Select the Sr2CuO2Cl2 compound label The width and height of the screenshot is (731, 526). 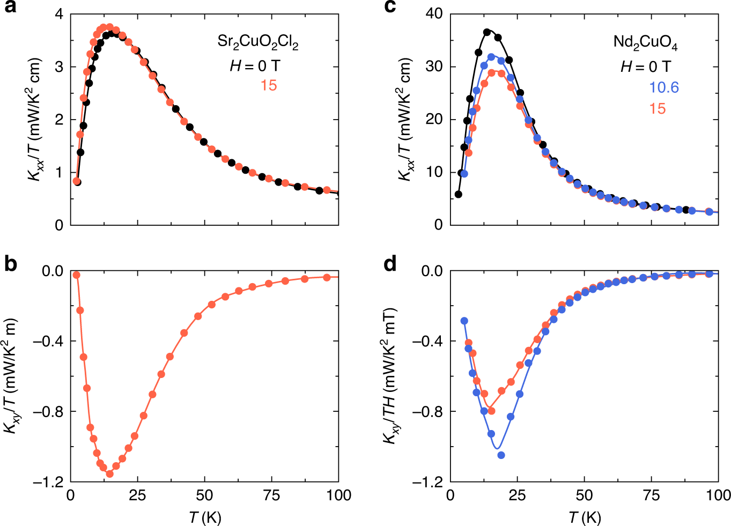point(257,42)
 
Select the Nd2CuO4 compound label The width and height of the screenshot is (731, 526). point(645,42)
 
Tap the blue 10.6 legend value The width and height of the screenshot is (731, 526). point(664,87)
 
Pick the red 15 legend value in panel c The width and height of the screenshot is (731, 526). point(657,109)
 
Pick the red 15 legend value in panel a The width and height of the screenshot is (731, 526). point(269,85)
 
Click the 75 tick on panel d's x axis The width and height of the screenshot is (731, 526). point(652,495)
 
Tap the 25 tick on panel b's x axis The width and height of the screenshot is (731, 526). point(137,495)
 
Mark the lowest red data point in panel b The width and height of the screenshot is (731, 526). point(109,473)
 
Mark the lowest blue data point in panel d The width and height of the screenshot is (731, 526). point(501,455)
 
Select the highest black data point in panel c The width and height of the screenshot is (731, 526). point(487,32)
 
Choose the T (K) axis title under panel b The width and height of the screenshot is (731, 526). point(205,517)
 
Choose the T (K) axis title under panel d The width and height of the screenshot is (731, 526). point(585,517)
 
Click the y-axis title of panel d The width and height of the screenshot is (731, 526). point(391,375)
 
